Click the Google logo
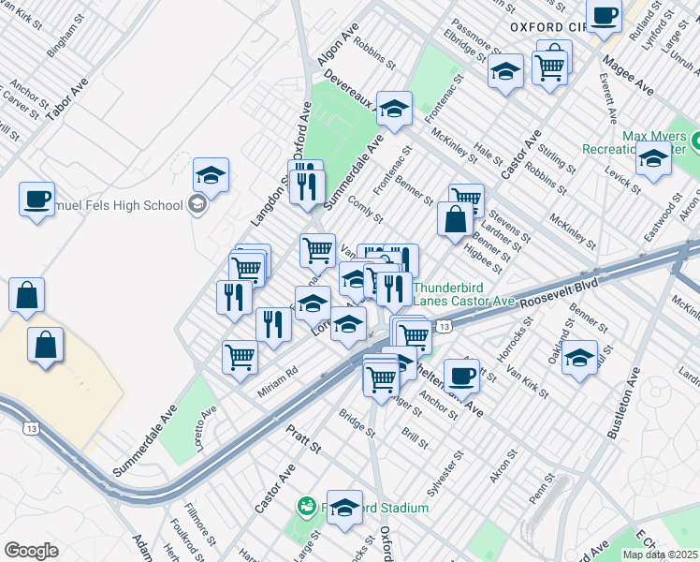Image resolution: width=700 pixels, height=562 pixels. tap(31, 551)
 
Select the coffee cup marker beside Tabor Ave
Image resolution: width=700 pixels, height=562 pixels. tap(36, 200)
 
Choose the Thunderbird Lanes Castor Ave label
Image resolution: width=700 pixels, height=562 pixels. tap(464, 294)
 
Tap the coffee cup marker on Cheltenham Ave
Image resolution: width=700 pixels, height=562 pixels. tap(460, 376)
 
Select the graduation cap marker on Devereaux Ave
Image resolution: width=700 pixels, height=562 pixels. tap(394, 109)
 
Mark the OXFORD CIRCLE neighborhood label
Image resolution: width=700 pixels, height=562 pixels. tap(547, 27)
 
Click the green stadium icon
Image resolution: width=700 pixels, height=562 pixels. tap(305, 507)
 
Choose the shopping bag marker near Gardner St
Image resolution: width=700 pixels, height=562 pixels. tap(455, 220)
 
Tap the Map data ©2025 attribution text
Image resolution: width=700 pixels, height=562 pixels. tap(660, 554)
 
